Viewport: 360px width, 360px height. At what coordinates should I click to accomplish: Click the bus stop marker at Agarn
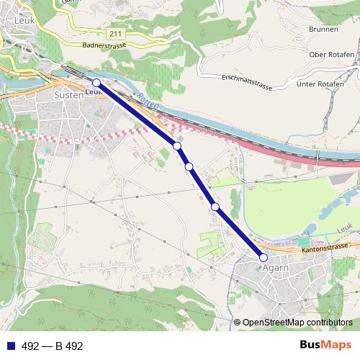click(264, 257)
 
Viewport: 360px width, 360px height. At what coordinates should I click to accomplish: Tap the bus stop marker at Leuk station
click(96, 83)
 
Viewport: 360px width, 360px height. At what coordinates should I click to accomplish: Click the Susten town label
click(69, 94)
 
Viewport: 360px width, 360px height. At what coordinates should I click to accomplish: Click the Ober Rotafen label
click(331, 55)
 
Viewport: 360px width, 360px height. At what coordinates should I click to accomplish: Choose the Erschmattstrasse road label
click(247, 81)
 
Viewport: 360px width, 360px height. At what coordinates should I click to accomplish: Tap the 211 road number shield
click(116, 33)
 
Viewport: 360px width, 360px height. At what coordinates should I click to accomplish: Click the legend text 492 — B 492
click(53, 346)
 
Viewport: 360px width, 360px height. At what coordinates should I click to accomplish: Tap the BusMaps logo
click(325, 345)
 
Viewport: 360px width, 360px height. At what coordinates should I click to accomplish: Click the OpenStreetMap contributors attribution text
click(297, 322)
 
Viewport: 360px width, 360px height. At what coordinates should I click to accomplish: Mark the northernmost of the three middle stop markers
click(176, 146)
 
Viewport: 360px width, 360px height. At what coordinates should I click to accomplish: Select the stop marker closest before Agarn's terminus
click(215, 207)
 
